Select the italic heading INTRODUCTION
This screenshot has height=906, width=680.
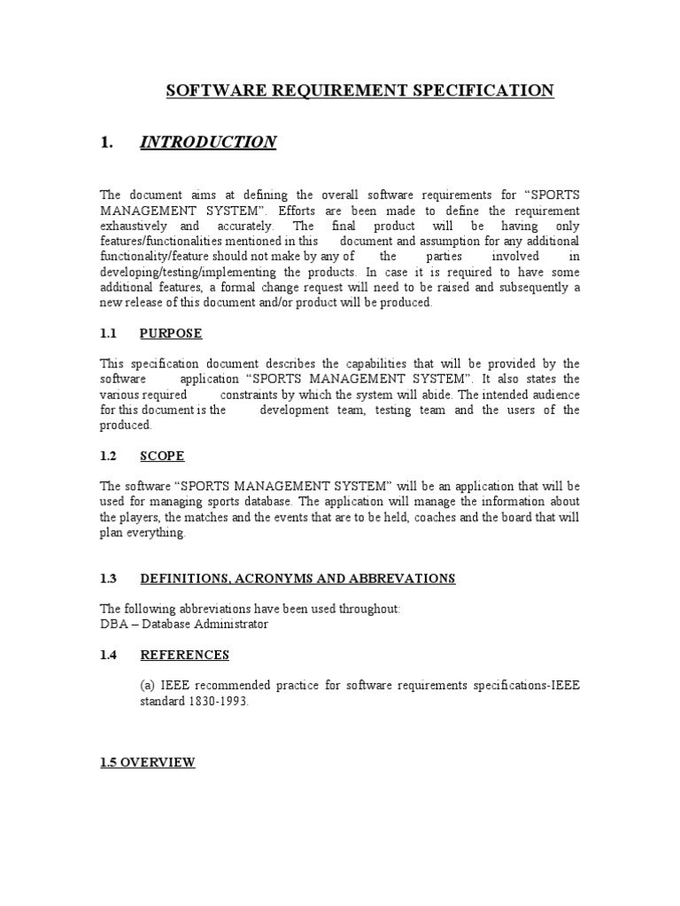click(208, 142)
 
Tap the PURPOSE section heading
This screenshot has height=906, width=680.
click(171, 334)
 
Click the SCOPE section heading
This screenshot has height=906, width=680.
click(162, 456)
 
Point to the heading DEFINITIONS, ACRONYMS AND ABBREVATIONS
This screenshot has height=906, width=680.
click(297, 579)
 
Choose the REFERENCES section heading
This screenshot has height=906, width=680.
click(184, 655)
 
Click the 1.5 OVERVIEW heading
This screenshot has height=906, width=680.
click(147, 763)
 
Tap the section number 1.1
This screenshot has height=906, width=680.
click(109, 334)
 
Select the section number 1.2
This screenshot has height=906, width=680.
click(109, 456)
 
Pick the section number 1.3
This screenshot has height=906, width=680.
click(109, 579)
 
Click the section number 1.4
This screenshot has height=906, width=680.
click(109, 655)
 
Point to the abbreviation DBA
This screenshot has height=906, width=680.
click(113, 624)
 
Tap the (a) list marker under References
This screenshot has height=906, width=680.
click(150, 686)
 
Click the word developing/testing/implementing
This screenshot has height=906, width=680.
click(188, 272)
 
